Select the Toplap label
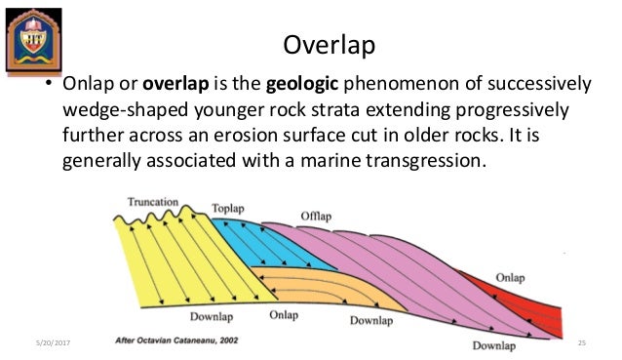pos(230,209)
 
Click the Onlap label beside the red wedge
pos(510,277)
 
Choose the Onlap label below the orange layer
pos(284,315)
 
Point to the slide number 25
pos(583,341)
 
